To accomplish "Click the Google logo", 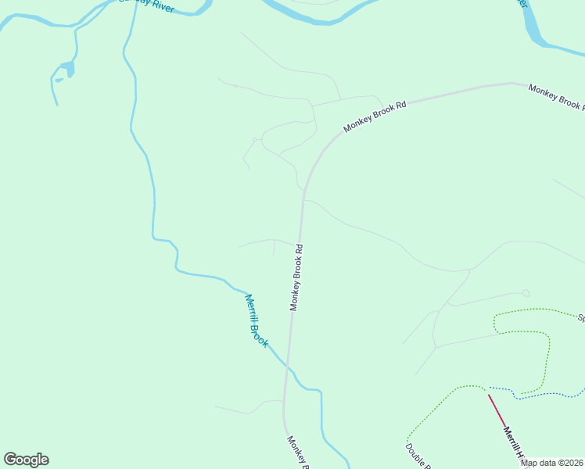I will tap(27, 460).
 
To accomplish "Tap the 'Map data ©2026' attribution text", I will tap(551, 463).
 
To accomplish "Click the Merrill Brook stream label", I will tap(257, 320).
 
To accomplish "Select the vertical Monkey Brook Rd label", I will tap(296, 277).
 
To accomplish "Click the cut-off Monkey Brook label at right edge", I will tap(556, 97).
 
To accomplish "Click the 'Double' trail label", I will tap(417, 456).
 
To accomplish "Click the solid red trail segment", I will tap(497, 408).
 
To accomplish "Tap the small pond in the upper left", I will tap(69, 68).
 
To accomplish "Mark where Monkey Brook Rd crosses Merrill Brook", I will tap(287, 365).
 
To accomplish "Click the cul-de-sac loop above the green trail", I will tap(526, 293).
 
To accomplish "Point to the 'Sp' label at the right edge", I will tap(580, 318).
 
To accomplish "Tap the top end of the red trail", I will tap(489, 395).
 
